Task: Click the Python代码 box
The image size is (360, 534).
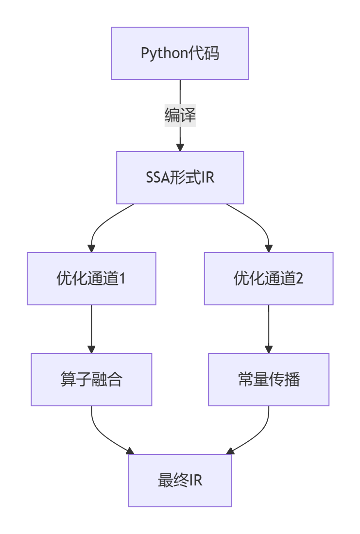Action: (180, 53)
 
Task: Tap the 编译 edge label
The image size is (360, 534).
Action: (180, 116)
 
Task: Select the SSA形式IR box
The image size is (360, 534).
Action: (180, 177)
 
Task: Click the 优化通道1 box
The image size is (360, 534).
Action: (91, 279)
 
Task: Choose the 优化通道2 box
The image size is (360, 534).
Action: (269, 279)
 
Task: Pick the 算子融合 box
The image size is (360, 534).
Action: (91, 379)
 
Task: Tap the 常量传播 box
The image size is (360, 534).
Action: (269, 379)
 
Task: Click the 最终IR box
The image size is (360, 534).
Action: (180, 480)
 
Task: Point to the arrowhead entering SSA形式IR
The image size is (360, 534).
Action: (180, 147)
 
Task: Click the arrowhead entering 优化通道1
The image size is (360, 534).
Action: (91, 248)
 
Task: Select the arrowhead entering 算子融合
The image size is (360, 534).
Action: (91, 349)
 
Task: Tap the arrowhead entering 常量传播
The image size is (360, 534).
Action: (269, 349)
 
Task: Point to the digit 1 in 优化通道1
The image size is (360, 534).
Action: (122, 279)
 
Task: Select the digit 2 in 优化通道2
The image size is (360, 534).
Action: (300, 279)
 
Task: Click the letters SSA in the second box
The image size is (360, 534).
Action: (157, 177)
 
